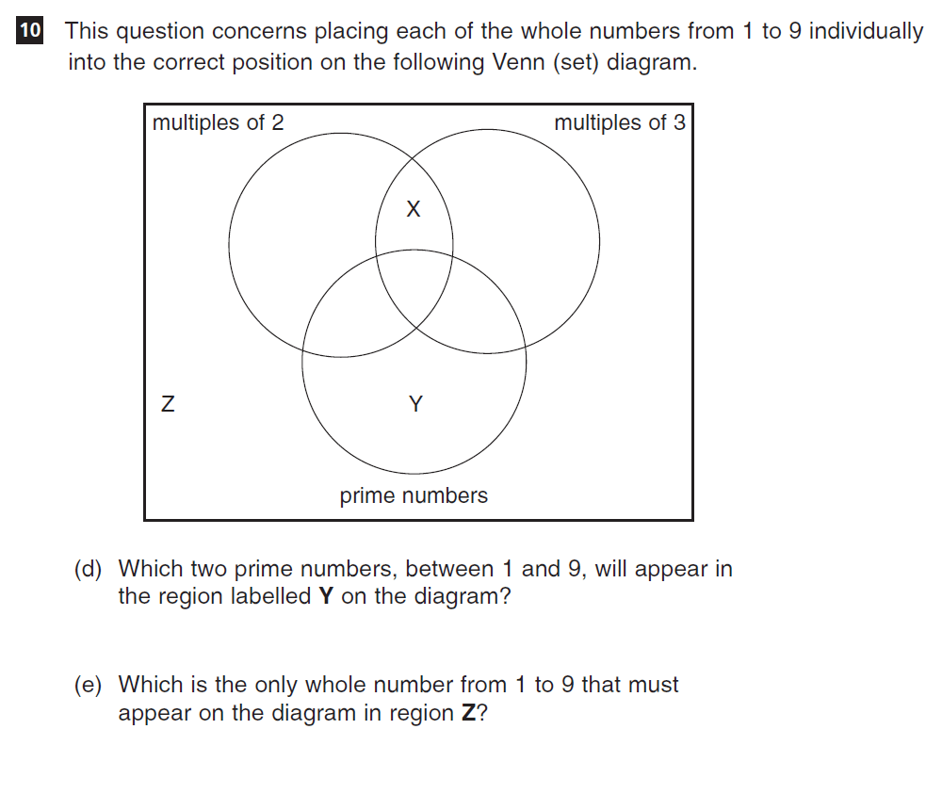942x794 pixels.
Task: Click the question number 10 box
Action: coord(29,30)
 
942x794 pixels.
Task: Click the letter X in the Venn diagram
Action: coord(414,209)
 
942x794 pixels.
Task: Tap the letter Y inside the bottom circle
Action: coord(415,404)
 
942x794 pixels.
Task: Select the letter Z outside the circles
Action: coord(169,403)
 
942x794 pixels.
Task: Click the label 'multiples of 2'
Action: coord(219,122)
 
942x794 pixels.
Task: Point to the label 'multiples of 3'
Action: coord(620,122)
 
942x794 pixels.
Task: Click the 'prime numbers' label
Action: coord(414,495)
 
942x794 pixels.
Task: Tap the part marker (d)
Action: coord(89,569)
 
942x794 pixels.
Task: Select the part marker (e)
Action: coord(89,685)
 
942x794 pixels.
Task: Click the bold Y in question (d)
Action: coord(326,596)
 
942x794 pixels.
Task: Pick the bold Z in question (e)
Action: coord(468,713)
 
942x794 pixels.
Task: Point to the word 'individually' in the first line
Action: coord(866,31)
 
